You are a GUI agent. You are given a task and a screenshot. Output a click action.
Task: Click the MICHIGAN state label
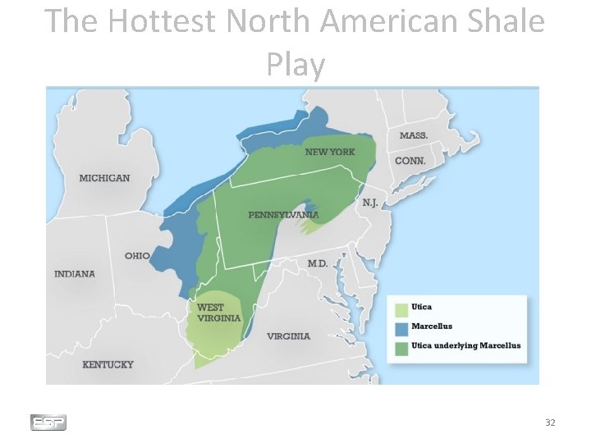pyautogui.click(x=104, y=178)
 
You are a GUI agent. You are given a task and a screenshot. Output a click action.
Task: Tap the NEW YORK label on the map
pyautogui.click(x=330, y=152)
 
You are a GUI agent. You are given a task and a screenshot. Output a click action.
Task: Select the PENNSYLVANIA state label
pyautogui.click(x=283, y=215)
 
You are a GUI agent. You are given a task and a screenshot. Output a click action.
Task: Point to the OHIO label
pyautogui.click(x=137, y=256)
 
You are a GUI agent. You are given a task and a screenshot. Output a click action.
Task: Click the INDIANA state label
pyautogui.click(x=75, y=274)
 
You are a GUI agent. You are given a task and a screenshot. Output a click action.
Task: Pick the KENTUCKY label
pyautogui.click(x=108, y=364)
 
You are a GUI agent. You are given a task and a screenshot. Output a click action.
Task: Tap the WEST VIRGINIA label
pyautogui.click(x=219, y=313)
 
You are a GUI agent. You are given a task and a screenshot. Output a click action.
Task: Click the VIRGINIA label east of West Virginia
pyautogui.click(x=289, y=336)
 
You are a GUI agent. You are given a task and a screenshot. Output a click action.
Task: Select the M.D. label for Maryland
pyautogui.click(x=318, y=263)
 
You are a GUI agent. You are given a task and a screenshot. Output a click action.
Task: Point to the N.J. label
pyautogui.click(x=370, y=203)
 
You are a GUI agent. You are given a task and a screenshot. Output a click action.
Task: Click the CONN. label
pyautogui.click(x=410, y=162)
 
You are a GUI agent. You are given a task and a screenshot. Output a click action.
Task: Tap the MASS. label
pyautogui.click(x=414, y=135)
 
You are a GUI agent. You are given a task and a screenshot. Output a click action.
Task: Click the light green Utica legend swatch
pyautogui.click(x=401, y=310)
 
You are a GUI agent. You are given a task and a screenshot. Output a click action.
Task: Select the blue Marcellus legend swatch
pyautogui.click(x=401, y=328)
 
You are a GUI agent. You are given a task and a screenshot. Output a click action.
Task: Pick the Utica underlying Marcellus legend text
pyautogui.click(x=465, y=346)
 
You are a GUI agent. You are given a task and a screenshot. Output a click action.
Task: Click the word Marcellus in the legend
pyautogui.click(x=431, y=327)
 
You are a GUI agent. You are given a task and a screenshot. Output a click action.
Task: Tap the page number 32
pyautogui.click(x=550, y=422)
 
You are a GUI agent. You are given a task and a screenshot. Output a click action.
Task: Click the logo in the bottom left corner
pyautogui.click(x=48, y=422)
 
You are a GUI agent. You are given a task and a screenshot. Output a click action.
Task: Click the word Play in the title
pyautogui.click(x=295, y=64)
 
